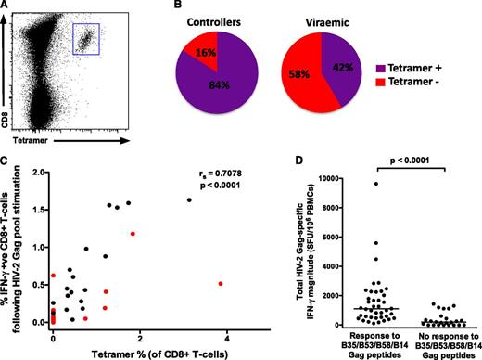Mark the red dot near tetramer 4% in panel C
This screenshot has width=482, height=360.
[x=220, y=283]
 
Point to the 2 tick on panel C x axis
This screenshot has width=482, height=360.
[x=140, y=333]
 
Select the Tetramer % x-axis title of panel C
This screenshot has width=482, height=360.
[x=139, y=352]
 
